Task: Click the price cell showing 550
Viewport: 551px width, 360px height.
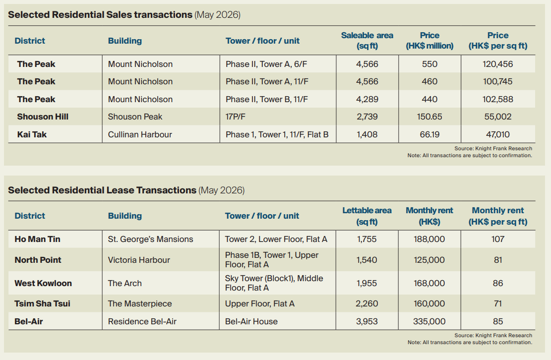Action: click(429, 64)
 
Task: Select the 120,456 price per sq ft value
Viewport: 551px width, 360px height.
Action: click(497, 64)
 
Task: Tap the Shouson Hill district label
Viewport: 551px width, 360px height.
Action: click(43, 117)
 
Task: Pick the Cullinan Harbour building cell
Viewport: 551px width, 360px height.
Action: click(140, 134)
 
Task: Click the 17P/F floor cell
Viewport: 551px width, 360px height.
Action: click(236, 117)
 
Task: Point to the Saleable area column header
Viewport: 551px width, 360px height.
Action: click(367, 40)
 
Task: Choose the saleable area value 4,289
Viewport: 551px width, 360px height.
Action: click(367, 99)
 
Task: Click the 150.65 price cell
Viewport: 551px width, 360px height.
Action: click(429, 117)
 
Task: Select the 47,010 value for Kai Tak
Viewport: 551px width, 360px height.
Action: click(497, 134)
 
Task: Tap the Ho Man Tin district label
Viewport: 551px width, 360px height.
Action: click(37, 239)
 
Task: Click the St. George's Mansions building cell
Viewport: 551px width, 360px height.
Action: click(150, 239)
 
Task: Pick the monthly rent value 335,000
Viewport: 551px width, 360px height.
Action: click(429, 321)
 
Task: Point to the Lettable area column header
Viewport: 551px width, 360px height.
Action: click(367, 216)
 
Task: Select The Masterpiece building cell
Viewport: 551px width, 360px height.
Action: click(140, 303)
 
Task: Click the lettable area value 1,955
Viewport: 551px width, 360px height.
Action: click(367, 283)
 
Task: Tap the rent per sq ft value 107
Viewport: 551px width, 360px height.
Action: click(497, 239)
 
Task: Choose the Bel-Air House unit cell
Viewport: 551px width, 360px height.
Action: click(251, 321)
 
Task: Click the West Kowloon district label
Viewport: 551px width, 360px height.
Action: click(43, 283)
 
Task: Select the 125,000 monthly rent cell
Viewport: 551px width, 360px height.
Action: click(429, 260)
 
